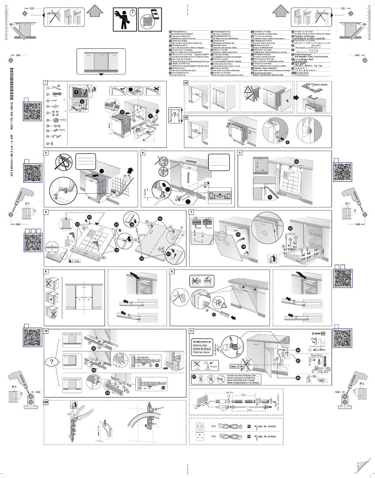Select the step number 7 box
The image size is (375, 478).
tap(191, 212)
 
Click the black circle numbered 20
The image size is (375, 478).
tap(291, 228)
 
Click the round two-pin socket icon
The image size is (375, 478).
tap(198, 426)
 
